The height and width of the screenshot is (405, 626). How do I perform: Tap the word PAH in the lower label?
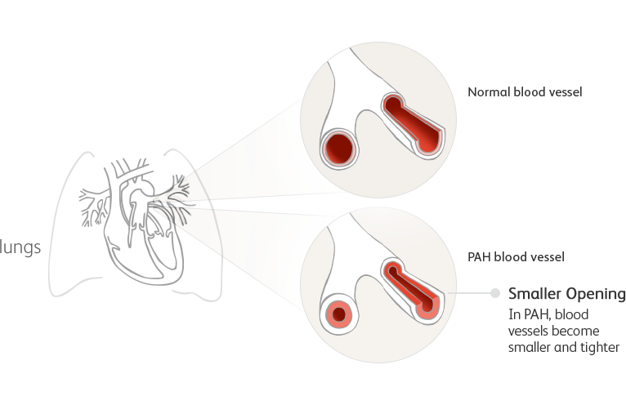pyautogui.click(x=478, y=256)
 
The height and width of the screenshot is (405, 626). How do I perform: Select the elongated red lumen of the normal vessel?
pyautogui.click(x=413, y=122)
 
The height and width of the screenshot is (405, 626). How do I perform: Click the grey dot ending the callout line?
pyautogui.click(x=495, y=292)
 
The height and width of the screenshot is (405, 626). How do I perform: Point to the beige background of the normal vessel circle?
pyautogui.click(x=384, y=176)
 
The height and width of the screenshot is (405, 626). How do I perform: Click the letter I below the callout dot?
pyautogui.click(x=512, y=314)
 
